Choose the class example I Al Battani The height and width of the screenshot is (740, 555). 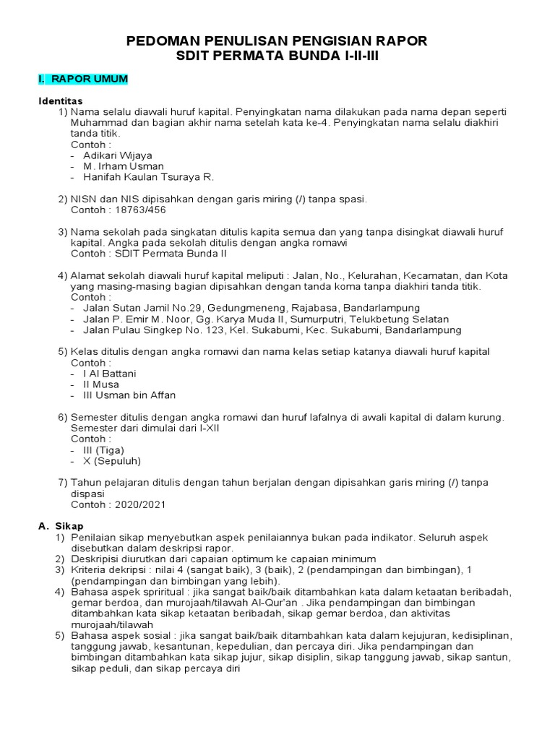coord(109,374)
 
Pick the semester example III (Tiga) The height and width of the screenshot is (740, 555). coord(103,449)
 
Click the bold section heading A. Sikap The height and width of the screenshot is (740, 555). coord(61,526)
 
